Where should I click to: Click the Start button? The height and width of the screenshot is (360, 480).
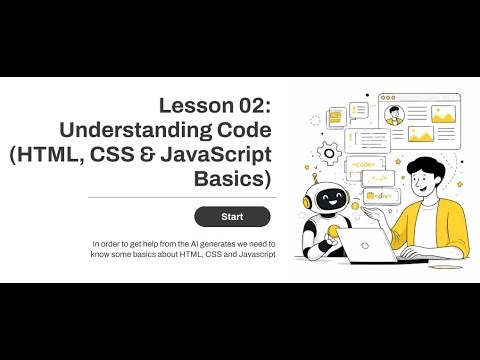pyautogui.click(x=232, y=216)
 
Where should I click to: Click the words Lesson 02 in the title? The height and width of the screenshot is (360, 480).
pyautogui.click(x=216, y=106)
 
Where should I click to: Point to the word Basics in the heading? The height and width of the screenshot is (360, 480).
pyautogui.click(x=234, y=180)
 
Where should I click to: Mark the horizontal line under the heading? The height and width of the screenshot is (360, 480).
pyautogui.click(x=175, y=197)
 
